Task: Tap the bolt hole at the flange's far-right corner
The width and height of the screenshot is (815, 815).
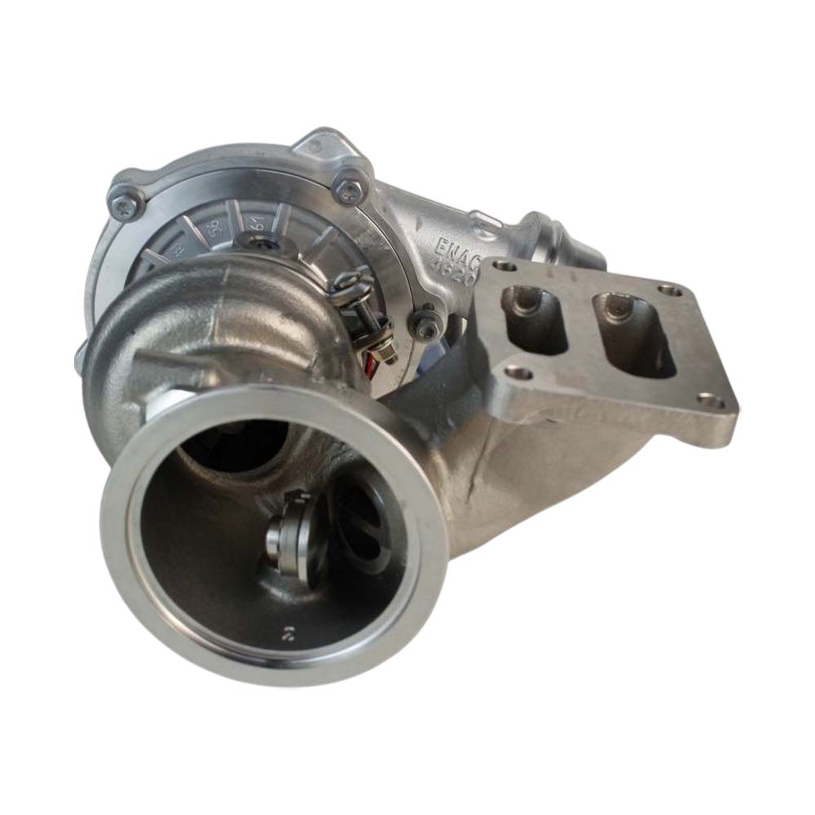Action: tap(670, 290)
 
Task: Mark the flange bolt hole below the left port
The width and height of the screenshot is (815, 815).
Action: tap(518, 373)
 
